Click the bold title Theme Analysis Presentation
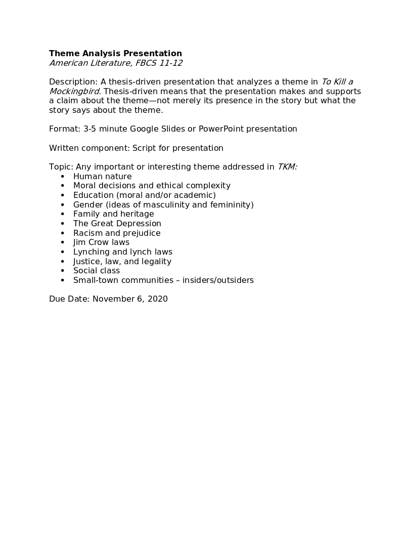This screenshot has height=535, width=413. (115, 54)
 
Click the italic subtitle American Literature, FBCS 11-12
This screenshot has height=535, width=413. (115, 63)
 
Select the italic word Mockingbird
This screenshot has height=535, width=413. (74, 92)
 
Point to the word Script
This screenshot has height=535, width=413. (144, 148)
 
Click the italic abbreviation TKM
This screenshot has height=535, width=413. (287, 167)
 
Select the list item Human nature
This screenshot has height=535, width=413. (102, 177)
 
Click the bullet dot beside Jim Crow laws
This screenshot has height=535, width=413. (63, 242)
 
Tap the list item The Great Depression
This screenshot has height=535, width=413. (117, 224)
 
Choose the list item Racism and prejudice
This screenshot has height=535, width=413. (117, 233)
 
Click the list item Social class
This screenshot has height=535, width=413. (97, 271)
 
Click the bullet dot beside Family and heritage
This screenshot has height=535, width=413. (63, 214)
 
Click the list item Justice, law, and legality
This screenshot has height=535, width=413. (122, 262)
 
